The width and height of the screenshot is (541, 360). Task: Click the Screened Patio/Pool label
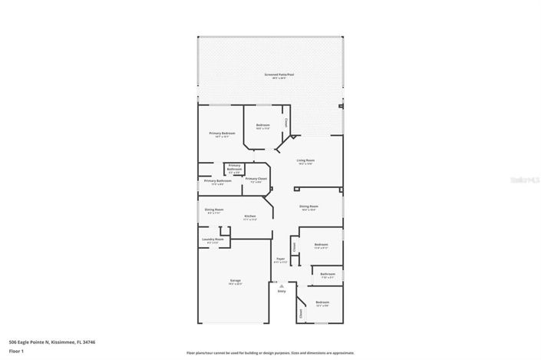pos(279,74)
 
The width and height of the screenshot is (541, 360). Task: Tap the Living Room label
pos(305,160)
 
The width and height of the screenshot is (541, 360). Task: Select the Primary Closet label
pos(256,179)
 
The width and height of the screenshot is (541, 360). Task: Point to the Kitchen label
pos(250,216)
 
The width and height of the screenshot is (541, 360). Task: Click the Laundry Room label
pos(213,239)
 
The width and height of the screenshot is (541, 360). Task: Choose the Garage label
pos(235,281)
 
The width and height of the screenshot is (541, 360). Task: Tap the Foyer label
pos(281,259)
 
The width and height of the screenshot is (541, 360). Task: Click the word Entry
pos(282,292)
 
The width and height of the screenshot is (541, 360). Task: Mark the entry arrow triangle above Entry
pos(282,286)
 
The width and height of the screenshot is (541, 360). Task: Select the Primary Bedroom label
pos(222,134)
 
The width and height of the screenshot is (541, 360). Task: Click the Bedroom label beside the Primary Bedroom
pos(263,125)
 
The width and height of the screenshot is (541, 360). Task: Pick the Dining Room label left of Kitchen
pos(213,210)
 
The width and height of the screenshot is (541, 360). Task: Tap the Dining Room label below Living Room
pos(308,206)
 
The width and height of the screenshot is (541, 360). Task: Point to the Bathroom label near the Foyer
pos(328,274)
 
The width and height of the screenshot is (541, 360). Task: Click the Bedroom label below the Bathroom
pos(322,302)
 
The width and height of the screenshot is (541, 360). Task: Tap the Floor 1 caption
pos(17,351)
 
